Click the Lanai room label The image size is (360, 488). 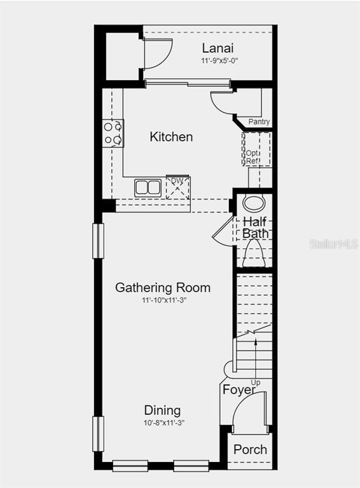218,48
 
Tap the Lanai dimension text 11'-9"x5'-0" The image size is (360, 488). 219,61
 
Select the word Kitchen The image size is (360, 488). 171,137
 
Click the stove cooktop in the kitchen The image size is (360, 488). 113,133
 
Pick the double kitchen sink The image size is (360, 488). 148,188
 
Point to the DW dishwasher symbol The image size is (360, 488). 177,188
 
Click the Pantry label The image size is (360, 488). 259,122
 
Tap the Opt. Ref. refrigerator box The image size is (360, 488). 257,149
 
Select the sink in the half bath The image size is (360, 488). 254,203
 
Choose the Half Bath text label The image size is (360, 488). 255,228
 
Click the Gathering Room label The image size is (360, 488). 163,288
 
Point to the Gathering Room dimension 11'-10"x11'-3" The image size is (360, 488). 164,301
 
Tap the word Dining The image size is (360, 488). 162,410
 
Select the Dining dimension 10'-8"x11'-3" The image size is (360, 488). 164,423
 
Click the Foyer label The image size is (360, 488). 239,390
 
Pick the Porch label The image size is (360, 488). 250,450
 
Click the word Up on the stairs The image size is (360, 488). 256,383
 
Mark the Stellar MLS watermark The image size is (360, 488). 334,244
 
